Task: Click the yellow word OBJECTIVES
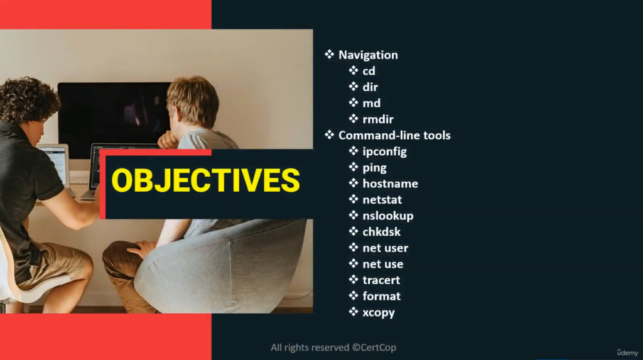205,180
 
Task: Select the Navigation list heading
368,55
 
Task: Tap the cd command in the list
369,71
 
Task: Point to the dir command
370,87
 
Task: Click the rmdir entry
377,119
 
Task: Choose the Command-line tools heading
394,136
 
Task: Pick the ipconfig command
385,152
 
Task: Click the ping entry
374,168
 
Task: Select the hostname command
390,183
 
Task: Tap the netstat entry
382,200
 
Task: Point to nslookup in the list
388,216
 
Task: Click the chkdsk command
381,232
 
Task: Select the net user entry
385,248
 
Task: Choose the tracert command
381,280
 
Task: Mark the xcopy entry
379,313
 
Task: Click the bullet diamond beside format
354,295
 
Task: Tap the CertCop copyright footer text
333,347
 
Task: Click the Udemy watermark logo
627,352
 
